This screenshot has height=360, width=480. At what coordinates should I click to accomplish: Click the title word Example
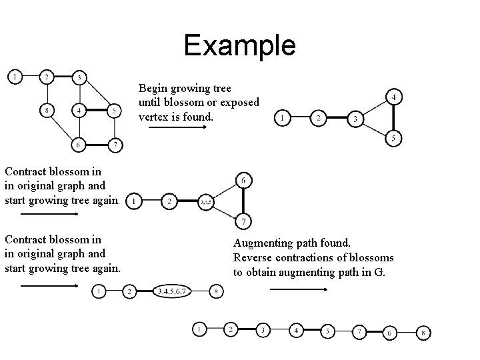click(239, 45)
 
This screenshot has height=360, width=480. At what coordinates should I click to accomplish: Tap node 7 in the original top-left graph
click(115, 145)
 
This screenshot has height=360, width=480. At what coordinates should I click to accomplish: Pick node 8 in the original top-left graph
click(46, 111)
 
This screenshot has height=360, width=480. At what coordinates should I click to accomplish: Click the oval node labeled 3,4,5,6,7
click(173, 291)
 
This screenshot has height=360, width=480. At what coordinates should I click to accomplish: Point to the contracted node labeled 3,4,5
click(205, 201)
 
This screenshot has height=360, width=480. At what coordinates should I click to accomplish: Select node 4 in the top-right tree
click(394, 98)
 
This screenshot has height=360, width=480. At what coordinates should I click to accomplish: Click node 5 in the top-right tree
click(394, 139)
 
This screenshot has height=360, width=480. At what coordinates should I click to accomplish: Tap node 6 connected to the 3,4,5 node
click(243, 180)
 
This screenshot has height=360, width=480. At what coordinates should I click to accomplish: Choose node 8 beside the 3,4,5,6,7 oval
click(216, 291)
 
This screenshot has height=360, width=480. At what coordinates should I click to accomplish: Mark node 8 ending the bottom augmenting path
click(424, 333)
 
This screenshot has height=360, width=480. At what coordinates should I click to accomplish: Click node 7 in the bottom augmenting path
click(359, 331)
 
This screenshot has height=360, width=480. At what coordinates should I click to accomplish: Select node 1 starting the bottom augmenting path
click(199, 329)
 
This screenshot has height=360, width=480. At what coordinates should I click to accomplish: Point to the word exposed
click(239, 102)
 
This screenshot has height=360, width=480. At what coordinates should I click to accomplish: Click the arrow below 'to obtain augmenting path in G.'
click(297, 290)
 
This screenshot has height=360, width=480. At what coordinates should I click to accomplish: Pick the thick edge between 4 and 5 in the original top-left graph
click(97, 111)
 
